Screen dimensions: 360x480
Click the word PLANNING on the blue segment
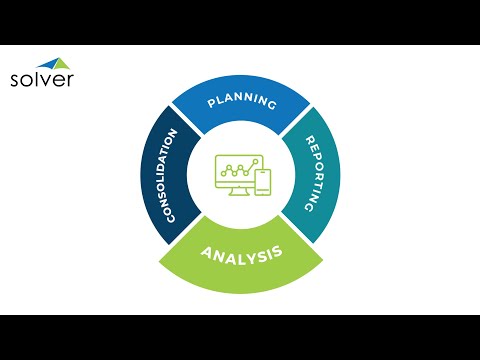pyautogui.click(x=240, y=101)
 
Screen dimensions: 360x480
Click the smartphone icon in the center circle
pyautogui.click(x=262, y=182)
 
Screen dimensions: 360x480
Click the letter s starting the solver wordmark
pyautogui.click(x=14, y=81)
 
